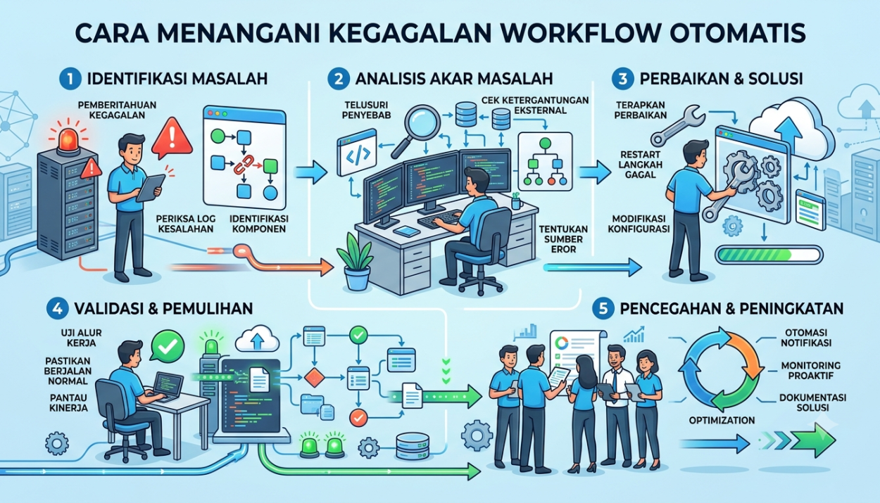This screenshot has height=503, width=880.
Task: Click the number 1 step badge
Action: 70,79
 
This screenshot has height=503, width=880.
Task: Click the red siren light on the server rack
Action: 68,139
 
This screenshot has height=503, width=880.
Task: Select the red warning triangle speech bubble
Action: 172,137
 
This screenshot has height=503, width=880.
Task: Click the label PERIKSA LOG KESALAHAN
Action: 185,224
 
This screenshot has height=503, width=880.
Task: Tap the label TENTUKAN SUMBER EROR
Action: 563,238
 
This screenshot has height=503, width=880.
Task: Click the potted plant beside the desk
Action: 356,262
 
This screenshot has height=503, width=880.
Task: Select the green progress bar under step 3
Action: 769,255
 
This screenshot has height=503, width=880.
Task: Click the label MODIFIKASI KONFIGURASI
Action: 639,224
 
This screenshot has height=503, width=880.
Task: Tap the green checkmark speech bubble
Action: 168,345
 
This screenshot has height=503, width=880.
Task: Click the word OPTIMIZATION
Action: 722,420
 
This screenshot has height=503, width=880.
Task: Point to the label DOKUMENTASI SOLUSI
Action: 812,402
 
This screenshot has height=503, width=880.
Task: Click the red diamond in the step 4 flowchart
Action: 314,377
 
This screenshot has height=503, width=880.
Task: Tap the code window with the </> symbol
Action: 357,152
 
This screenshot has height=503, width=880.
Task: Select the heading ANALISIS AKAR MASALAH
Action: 454,79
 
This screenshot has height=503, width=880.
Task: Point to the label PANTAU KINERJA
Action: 69,402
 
